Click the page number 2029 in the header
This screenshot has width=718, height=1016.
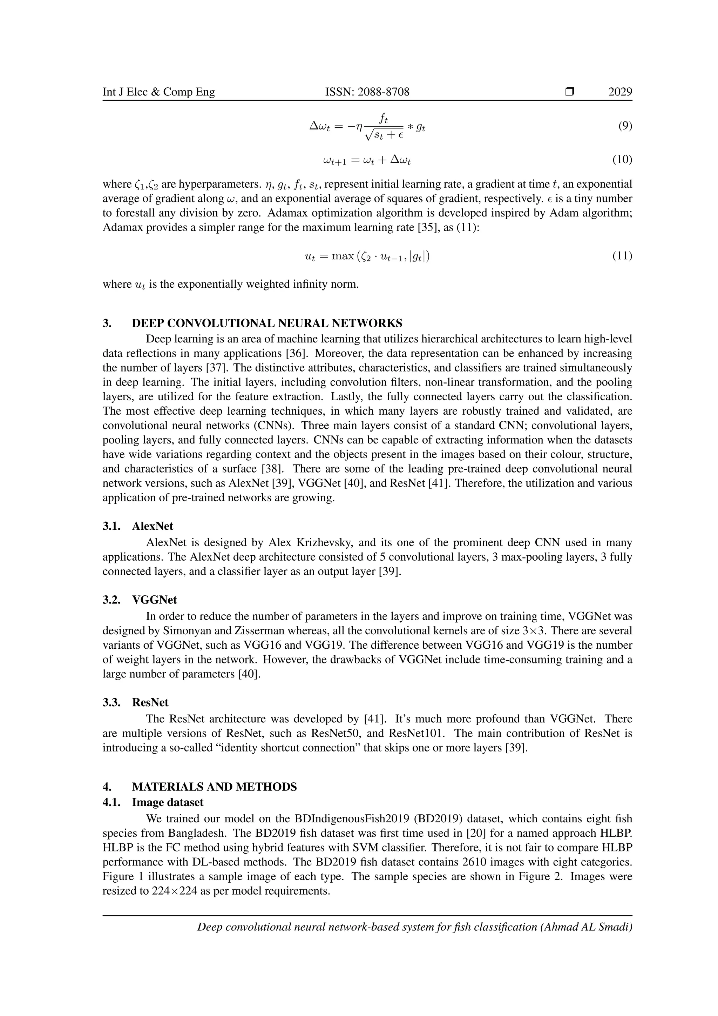[620, 92]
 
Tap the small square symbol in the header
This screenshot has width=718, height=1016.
[569, 92]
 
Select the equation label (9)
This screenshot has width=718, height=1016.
[625, 127]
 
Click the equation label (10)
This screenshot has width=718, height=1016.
[622, 160]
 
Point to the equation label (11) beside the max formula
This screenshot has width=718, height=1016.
[622, 256]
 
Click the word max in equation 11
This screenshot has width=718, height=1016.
[342, 256]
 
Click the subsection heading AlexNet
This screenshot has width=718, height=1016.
[153, 526]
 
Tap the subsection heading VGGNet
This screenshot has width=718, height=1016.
[154, 600]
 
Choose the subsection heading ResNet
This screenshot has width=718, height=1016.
[150, 702]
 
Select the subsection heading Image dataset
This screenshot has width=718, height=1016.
[168, 802]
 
